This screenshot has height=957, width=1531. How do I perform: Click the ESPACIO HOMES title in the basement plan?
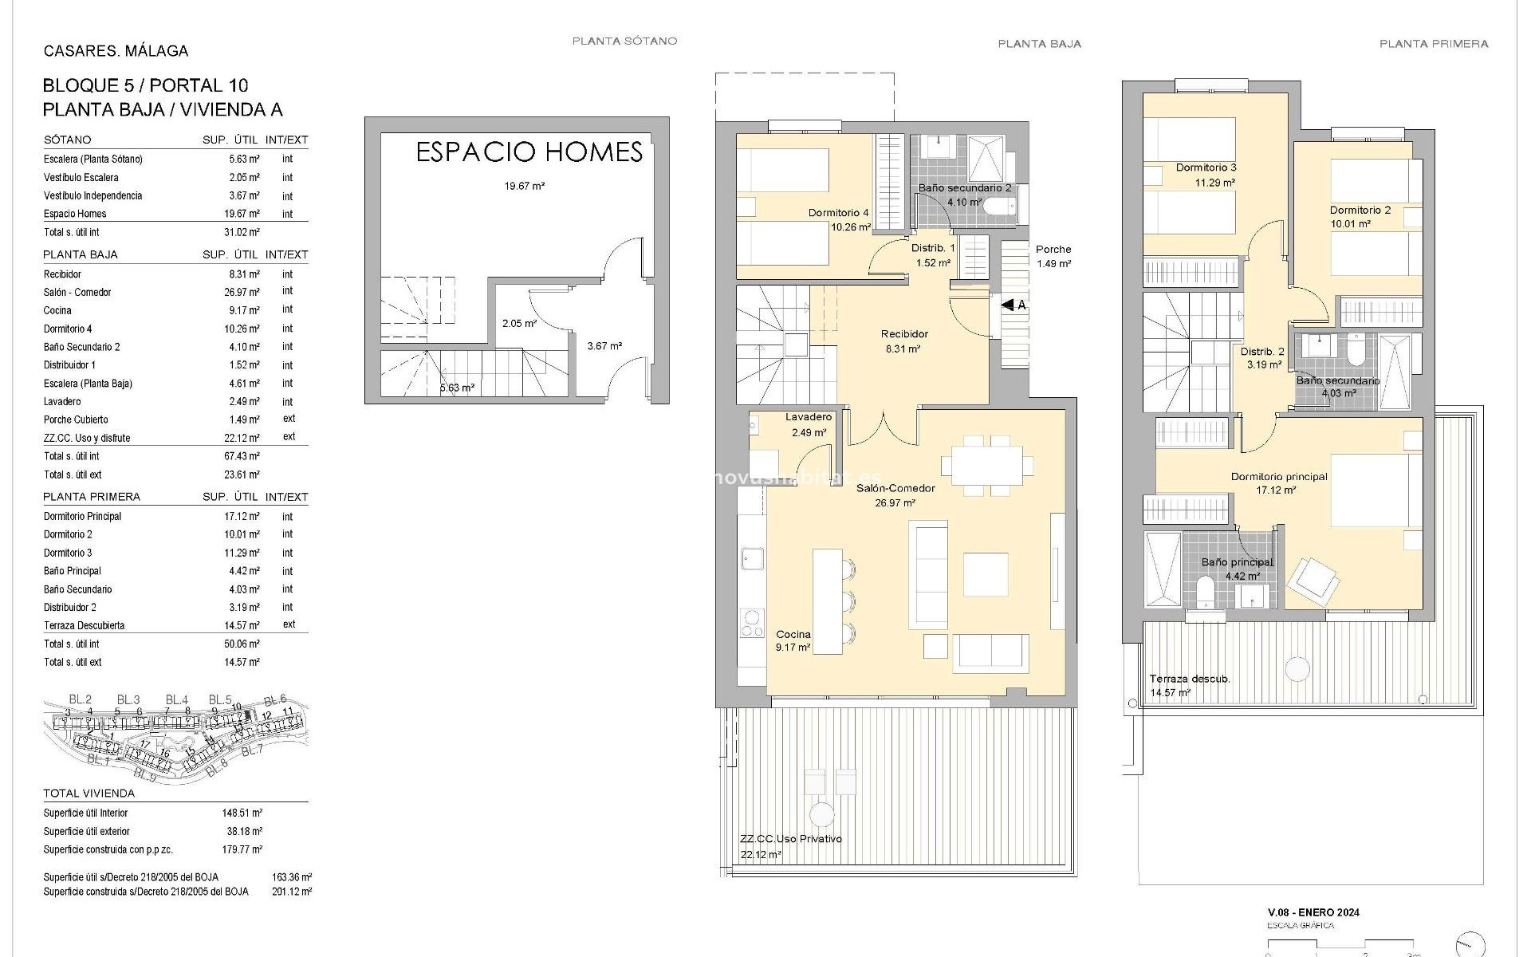(x=529, y=152)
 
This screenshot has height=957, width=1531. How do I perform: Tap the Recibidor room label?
(x=903, y=334)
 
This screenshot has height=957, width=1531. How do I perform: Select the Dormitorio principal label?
(x=1278, y=477)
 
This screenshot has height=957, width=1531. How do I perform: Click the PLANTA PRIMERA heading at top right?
(x=1433, y=44)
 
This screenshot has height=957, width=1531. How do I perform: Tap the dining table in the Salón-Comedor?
(x=981, y=465)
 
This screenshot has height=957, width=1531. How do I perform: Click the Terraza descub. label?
(x=1189, y=679)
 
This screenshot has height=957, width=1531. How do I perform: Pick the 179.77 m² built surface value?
(x=242, y=849)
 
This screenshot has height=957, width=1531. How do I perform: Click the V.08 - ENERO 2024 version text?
(x=1313, y=912)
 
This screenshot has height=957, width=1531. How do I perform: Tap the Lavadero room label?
(x=808, y=417)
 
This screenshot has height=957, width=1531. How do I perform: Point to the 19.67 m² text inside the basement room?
(x=524, y=186)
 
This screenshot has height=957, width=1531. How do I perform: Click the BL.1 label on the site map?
(x=97, y=760)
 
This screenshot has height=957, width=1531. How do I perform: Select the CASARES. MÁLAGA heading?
(x=116, y=51)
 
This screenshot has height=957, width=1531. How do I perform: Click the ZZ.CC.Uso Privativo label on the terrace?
(x=790, y=839)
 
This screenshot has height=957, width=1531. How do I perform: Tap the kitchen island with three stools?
(x=828, y=601)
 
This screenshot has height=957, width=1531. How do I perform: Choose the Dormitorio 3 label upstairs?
(x=1206, y=167)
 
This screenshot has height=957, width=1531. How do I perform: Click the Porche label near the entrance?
(x=1053, y=250)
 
